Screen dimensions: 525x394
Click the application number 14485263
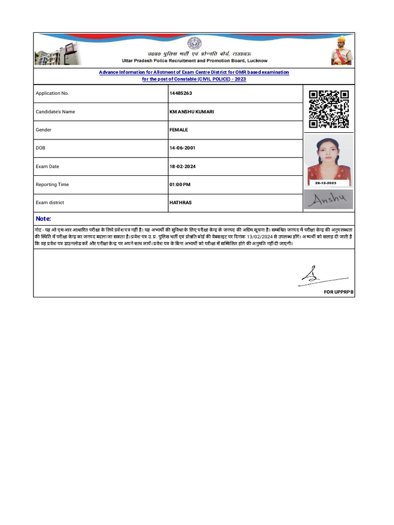coord(181,93)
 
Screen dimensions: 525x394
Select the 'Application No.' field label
coord(52,93)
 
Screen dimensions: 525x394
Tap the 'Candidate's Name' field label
coord(55,112)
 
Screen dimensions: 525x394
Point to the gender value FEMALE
coord(179,130)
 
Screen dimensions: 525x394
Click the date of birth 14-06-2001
coord(182,148)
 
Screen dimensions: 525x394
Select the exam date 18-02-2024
coord(182,167)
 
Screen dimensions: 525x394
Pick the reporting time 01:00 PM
coord(180,185)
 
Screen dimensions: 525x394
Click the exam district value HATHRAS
coord(180,203)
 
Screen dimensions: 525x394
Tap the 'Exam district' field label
coord(50,203)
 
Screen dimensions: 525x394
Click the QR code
coord(329,109)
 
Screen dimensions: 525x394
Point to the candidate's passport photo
coord(329,159)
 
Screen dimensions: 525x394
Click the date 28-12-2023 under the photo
coord(326,183)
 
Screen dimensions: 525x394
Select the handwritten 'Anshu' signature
coord(328,200)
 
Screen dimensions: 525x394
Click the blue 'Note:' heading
coord(43,218)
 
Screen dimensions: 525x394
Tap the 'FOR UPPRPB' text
coord(339,292)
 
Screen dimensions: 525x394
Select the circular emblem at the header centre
coord(194,43)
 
